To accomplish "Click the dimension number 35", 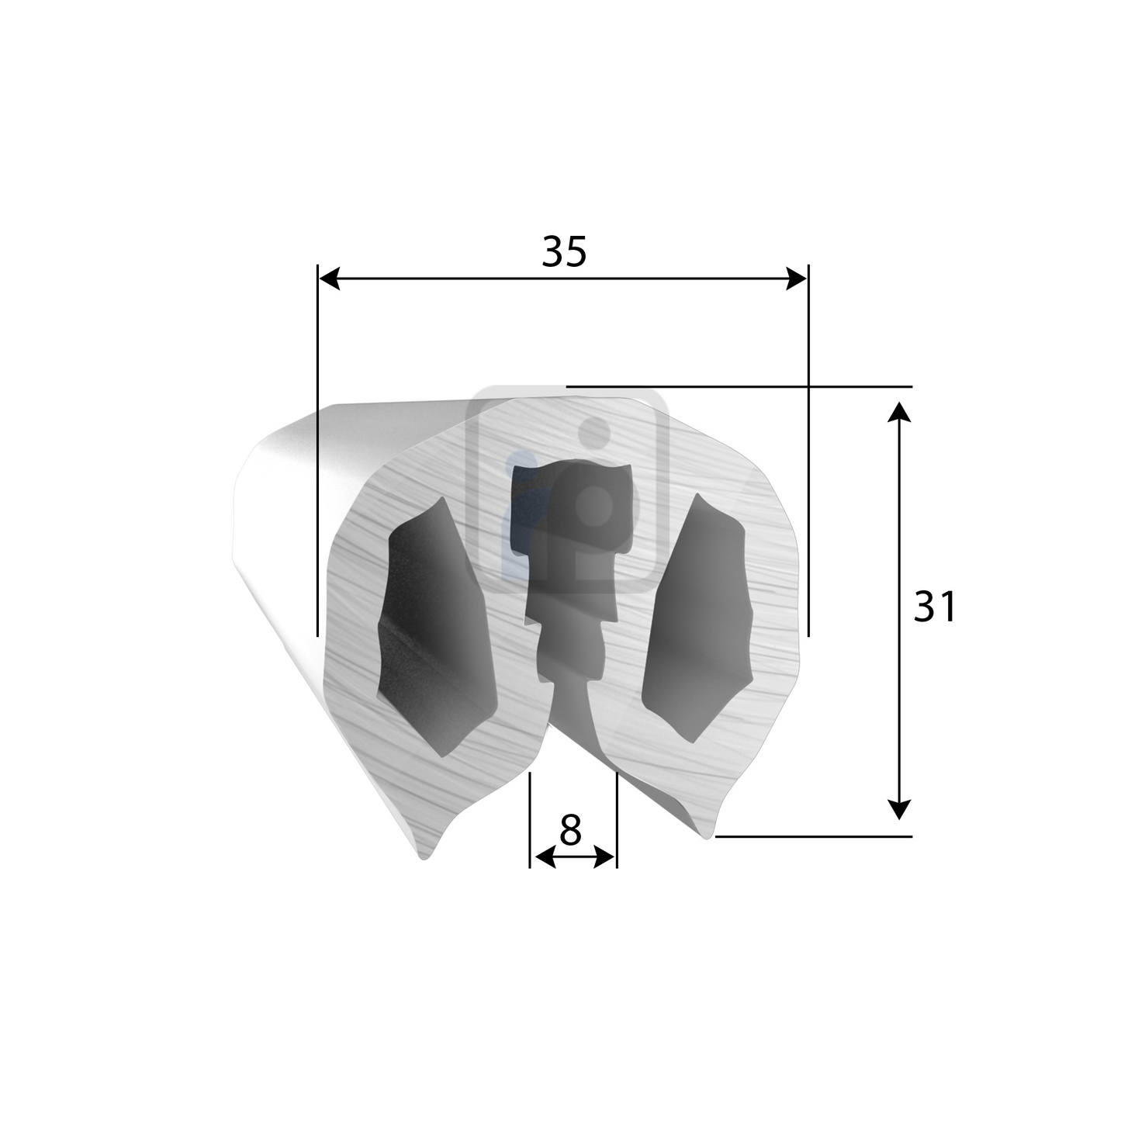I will point(564,252).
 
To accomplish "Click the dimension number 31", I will point(935,607).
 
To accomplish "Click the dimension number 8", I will point(570,832).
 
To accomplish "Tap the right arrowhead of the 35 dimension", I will point(797,279).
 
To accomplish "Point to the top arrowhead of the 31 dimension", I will point(898,410).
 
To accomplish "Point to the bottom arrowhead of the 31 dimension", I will point(898,809).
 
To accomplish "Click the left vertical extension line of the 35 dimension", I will point(318,465).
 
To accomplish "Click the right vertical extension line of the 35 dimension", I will point(808,465).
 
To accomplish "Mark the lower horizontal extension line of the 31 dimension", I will point(815,836).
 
